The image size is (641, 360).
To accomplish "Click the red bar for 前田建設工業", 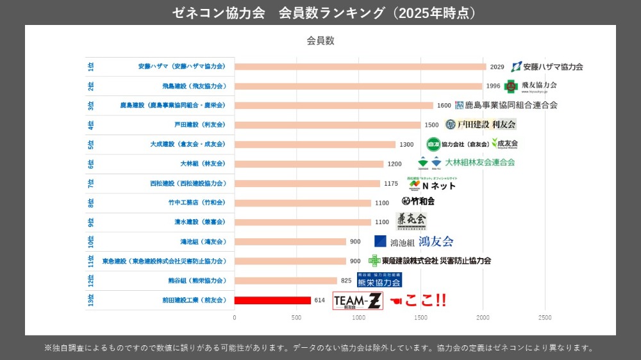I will [272, 300].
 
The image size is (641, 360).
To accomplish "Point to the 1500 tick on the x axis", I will [420, 317].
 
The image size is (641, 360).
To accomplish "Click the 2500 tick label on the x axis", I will [545, 317].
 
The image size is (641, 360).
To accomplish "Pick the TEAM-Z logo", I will [358, 300].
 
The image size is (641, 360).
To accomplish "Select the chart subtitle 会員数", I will [320, 41].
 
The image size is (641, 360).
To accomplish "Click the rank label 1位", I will [91, 67].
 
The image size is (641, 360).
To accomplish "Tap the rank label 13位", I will [91, 300].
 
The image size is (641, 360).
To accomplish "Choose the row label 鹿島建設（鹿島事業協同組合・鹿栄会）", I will [172, 105].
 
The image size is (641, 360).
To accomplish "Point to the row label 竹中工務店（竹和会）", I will [197, 202].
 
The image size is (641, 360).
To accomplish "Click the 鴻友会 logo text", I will [436, 241].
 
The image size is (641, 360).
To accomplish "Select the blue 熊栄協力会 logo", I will [379, 280].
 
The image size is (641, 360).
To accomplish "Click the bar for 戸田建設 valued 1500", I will [328, 125].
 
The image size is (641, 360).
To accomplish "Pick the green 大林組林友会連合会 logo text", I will [480, 163].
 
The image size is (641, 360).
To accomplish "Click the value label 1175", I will [391, 183].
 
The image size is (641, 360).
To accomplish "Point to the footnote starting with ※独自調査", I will [319, 348].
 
